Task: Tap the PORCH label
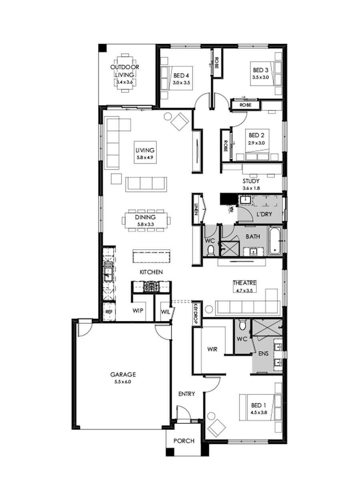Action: coord(184,441)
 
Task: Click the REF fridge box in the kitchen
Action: coord(108,311)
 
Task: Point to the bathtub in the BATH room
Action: coord(275,241)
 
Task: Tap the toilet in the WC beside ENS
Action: coord(242,327)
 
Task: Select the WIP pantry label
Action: coord(138,311)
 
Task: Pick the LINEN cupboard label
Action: coord(196,209)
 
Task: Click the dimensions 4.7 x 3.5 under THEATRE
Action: coord(245,289)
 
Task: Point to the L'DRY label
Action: coord(264,214)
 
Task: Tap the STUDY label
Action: coord(251,181)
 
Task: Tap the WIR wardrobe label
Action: coord(212,349)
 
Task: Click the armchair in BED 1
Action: coord(216,428)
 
